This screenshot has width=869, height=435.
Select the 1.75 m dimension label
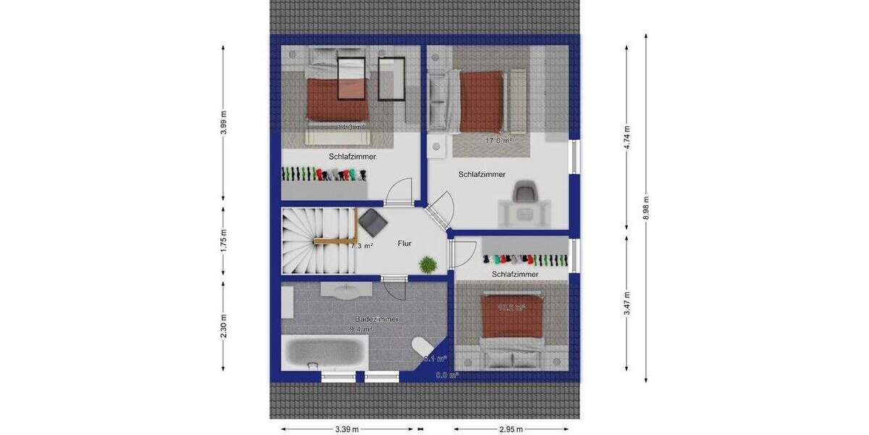[224, 240]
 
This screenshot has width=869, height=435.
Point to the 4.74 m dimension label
[627, 137]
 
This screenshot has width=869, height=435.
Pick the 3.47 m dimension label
[627, 303]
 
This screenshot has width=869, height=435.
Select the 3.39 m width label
[347, 429]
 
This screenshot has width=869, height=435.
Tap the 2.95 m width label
[511, 429]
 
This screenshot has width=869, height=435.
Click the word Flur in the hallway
[405, 244]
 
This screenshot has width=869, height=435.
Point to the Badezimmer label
[377, 319]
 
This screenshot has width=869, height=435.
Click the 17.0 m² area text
[498, 141]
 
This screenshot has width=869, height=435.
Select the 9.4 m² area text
[361, 329]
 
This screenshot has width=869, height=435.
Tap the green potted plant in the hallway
[428, 265]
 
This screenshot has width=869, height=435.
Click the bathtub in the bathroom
[324, 353]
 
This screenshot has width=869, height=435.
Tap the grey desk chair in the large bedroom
[524, 193]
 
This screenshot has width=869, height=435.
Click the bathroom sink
[346, 291]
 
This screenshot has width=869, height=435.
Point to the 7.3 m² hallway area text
[361, 246]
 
